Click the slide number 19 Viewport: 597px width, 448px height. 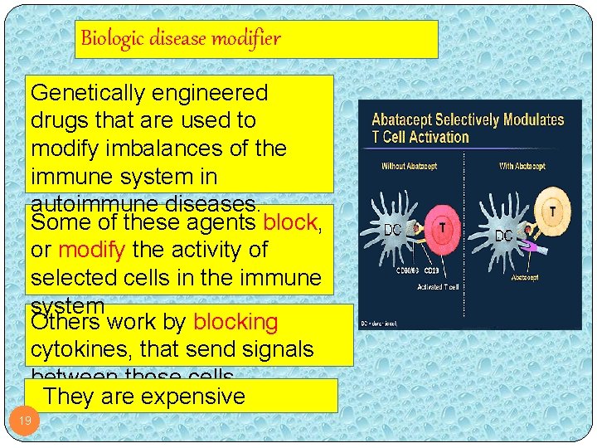pyautogui.click(x=25, y=421)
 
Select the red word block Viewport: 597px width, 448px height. pyautogui.click(x=289, y=222)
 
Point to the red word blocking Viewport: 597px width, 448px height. pyautogui.click(x=235, y=322)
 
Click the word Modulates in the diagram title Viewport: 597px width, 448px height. pyautogui.click(x=534, y=119)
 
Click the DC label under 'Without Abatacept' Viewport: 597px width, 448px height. pyautogui.click(x=393, y=230)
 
